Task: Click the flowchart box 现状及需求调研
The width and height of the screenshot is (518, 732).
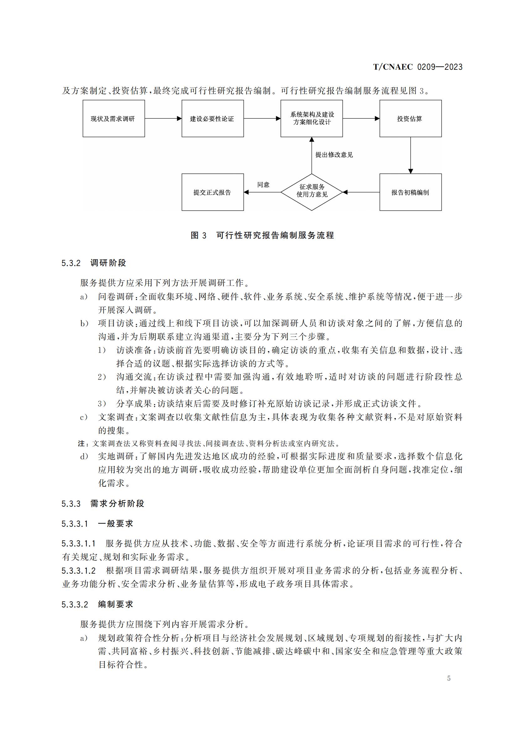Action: (x=114, y=119)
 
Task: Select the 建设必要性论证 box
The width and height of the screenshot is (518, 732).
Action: (x=212, y=119)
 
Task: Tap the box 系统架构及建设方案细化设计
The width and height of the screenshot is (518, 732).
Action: (x=311, y=119)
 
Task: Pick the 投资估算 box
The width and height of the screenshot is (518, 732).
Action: (x=410, y=119)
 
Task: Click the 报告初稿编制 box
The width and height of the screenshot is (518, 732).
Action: (x=410, y=192)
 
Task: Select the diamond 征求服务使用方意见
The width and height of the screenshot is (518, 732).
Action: (x=311, y=192)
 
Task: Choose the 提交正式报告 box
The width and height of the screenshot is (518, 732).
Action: (x=212, y=192)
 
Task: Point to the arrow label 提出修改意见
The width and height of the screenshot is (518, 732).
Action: (x=334, y=155)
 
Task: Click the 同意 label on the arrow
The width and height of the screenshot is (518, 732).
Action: (x=263, y=185)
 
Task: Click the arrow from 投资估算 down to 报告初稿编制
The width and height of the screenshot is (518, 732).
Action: (x=411, y=155)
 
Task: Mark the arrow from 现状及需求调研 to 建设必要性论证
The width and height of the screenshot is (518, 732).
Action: (x=163, y=119)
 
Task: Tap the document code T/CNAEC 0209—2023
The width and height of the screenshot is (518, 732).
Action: (x=417, y=67)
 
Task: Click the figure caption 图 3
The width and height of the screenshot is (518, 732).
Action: (x=198, y=236)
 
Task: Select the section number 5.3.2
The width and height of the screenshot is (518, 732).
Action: (x=71, y=263)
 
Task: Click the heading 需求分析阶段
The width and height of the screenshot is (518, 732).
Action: (x=117, y=504)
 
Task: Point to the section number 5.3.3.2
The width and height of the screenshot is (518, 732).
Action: (x=75, y=604)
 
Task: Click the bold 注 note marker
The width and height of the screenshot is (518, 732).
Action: (x=82, y=443)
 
